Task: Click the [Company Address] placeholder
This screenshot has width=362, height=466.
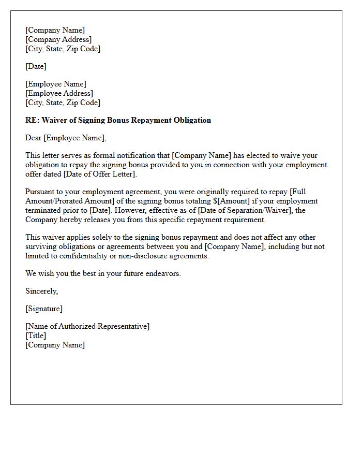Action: (x=58, y=39)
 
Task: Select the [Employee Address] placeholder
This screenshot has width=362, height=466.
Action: (x=59, y=93)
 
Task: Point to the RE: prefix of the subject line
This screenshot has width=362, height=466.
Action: (x=32, y=120)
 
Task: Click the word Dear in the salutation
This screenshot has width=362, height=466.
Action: (x=34, y=138)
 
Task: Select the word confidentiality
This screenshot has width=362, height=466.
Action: (x=92, y=256)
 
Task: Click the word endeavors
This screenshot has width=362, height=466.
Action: (x=163, y=273)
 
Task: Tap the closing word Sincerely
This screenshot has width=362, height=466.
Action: (x=41, y=291)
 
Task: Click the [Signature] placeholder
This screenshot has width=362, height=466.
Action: (x=44, y=309)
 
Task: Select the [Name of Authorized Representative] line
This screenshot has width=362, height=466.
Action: (x=87, y=326)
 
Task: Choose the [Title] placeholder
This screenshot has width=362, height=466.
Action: (x=36, y=336)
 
